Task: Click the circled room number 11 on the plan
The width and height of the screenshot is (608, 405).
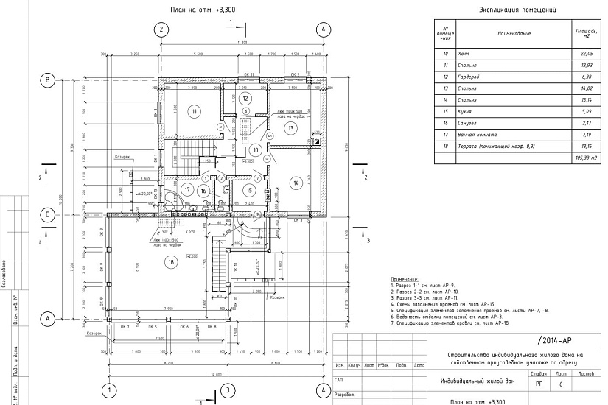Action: click(194, 112)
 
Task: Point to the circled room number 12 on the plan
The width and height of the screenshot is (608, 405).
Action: click(247, 97)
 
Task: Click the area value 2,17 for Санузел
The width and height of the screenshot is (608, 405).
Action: click(587, 124)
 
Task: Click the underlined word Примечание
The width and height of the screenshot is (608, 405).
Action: click(405, 280)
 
